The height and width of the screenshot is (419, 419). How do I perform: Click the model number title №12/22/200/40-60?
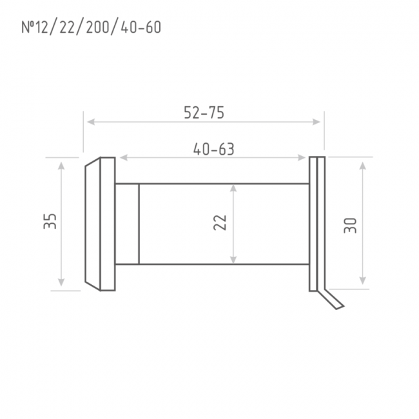(x=91, y=27)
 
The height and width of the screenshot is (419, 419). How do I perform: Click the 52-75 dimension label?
(x=204, y=113)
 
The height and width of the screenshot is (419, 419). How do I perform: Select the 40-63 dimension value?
(x=213, y=149)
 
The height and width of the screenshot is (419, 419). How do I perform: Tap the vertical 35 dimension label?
(x=50, y=221)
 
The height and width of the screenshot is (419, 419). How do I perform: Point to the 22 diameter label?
(x=220, y=222)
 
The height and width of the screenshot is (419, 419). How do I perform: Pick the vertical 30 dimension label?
(x=350, y=226)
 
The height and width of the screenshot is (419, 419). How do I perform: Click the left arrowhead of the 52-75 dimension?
(x=91, y=122)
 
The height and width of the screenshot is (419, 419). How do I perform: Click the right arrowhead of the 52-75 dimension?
(x=317, y=122)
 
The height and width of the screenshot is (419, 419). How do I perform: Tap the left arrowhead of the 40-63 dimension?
(x=124, y=158)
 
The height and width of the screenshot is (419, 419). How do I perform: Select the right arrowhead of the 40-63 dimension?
(x=302, y=158)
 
